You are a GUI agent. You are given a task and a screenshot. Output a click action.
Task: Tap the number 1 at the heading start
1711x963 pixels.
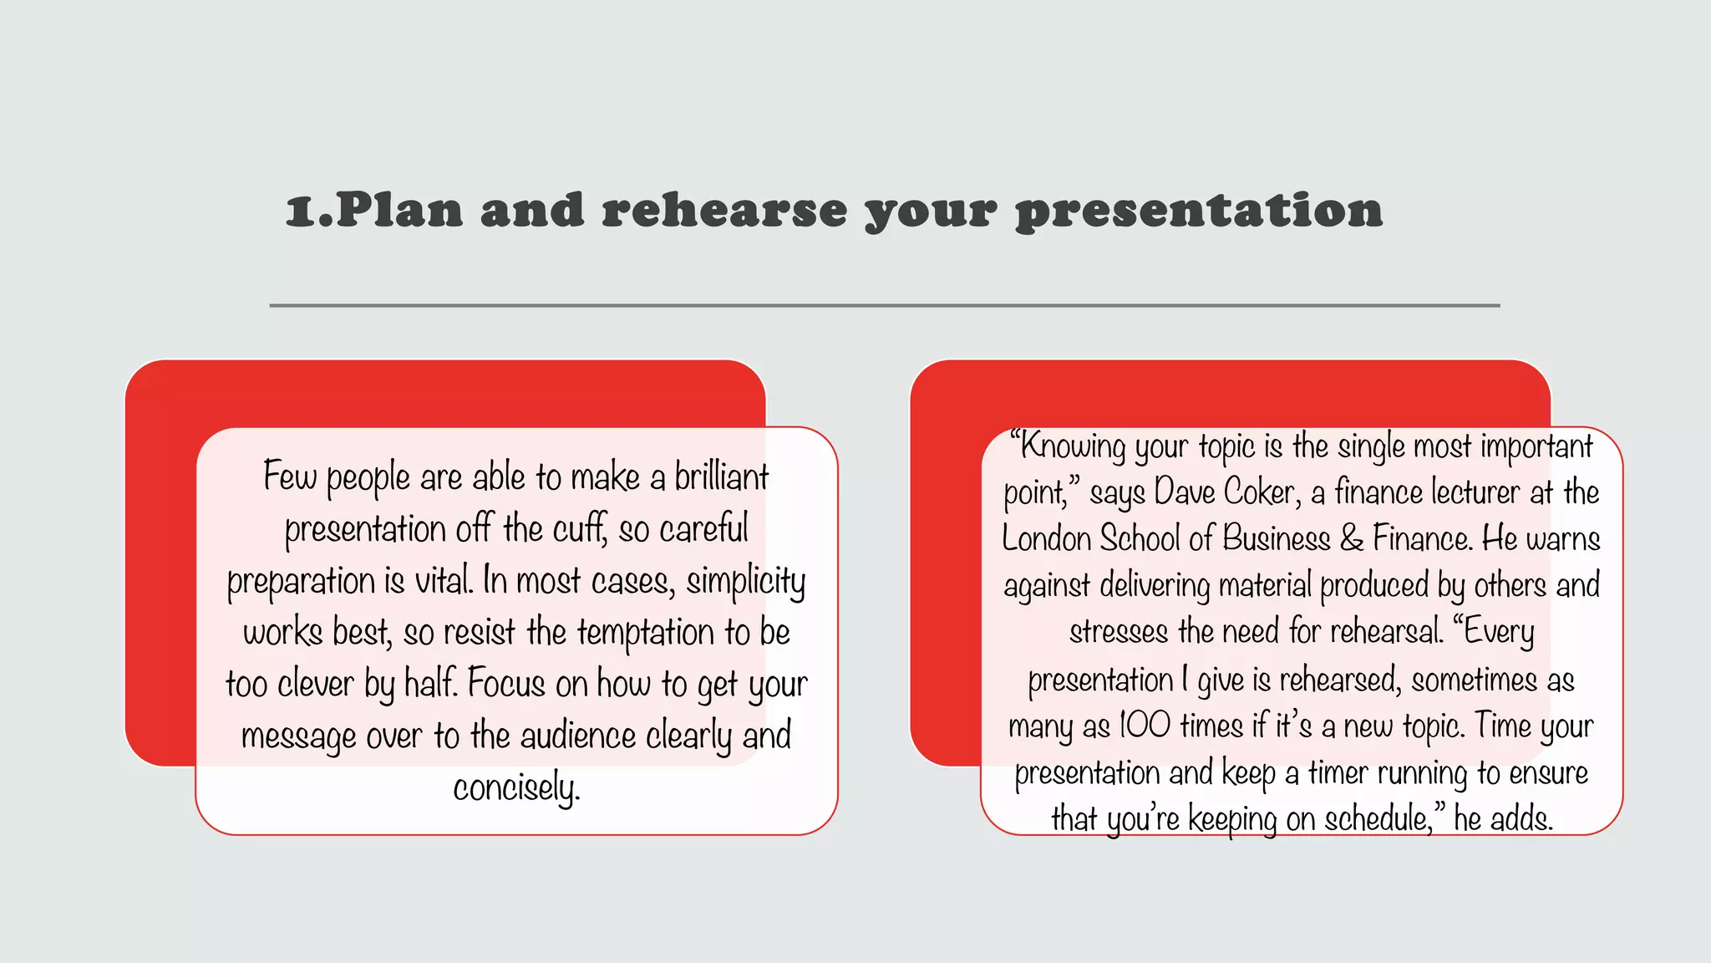tap(299, 211)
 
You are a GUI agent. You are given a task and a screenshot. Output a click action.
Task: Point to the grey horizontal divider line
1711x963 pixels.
tap(884, 306)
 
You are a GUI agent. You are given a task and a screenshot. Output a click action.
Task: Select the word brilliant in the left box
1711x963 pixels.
tap(721, 476)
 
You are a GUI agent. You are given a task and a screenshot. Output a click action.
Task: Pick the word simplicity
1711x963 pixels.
tap(745, 581)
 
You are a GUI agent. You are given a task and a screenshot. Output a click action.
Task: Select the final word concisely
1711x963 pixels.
tap(516, 788)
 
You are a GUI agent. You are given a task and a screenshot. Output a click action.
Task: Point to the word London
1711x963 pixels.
tap(1046, 539)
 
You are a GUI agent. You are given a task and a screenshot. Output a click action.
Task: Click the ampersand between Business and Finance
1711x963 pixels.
tap(1351, 539)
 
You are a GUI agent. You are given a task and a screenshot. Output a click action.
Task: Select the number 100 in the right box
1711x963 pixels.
tap(1144, 726)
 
